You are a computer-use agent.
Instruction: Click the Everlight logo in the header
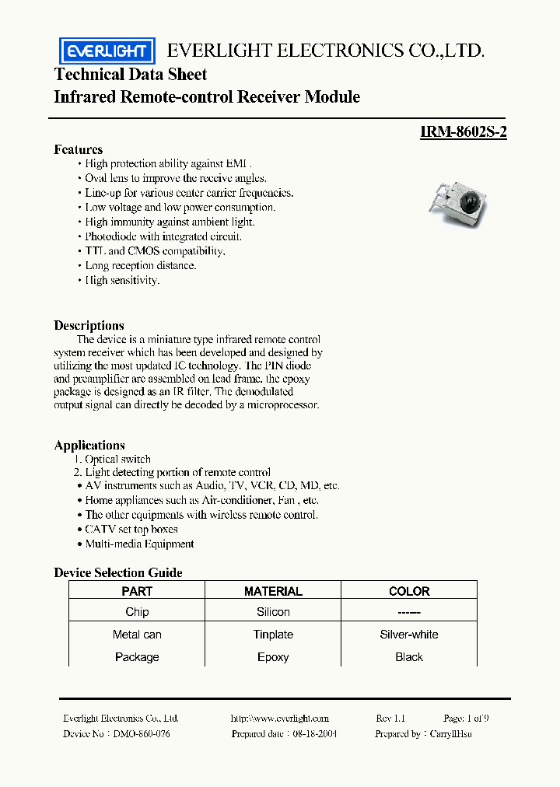click(107, 51)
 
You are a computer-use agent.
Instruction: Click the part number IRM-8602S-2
click(464, 132)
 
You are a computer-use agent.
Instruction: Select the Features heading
click(78, 149)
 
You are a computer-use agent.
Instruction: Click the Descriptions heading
click(89, 325)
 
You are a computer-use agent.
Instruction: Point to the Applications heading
click(89, 445)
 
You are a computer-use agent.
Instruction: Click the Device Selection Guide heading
click(118, 572)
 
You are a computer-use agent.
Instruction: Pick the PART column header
click(137, 591)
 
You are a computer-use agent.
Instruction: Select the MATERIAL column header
click(273, 591)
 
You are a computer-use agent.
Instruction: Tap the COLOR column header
click(409, 591)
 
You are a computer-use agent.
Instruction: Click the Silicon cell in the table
click(273, 612)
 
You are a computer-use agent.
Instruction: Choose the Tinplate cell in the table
click(273, 635)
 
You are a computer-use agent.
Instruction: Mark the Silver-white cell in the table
click(409, 635)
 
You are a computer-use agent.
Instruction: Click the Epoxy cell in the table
click(273, 657)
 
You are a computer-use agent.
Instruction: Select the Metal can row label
click(137, 635)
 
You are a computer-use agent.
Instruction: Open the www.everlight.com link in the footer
click(280, 719)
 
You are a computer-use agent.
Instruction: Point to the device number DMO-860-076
click(142, 733)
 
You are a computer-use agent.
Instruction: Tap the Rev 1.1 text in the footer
click(390, 719)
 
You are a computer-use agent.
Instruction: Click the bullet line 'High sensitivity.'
click(122, 280)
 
